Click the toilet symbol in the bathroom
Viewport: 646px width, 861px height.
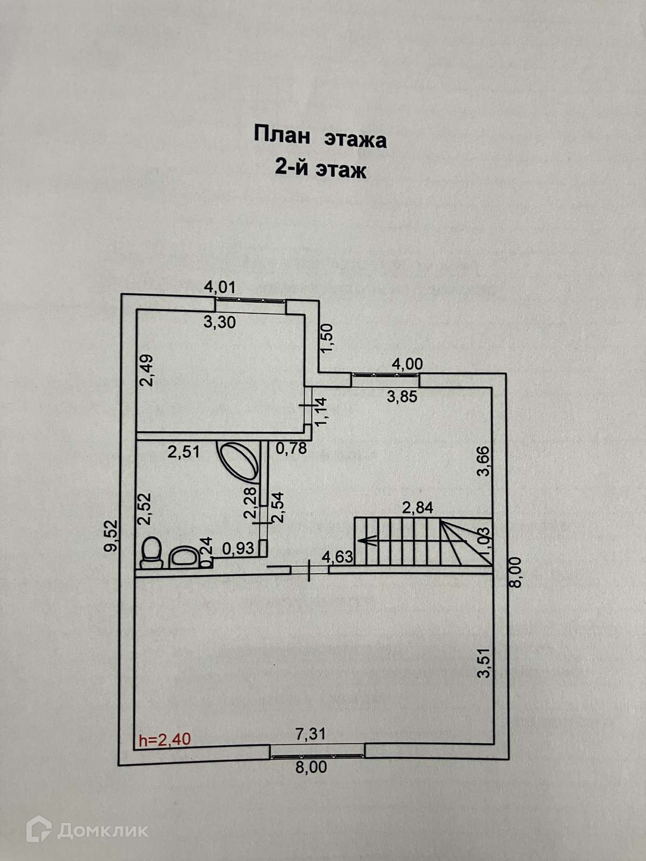pos(152,553)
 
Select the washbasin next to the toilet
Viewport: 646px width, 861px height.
pos(185,557)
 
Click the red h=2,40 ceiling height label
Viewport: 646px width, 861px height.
pos(164,740)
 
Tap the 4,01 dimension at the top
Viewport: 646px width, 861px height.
pos(220,287)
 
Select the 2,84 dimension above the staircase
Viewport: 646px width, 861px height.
pos(418,507)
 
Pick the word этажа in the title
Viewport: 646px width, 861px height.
pos(355,139)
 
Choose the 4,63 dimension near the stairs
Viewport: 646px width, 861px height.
pos(337,556)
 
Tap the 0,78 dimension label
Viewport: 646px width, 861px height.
pos(291,447)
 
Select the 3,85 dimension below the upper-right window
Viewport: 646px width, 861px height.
pos(402,397)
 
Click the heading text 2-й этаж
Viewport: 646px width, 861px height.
pos(320,170)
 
